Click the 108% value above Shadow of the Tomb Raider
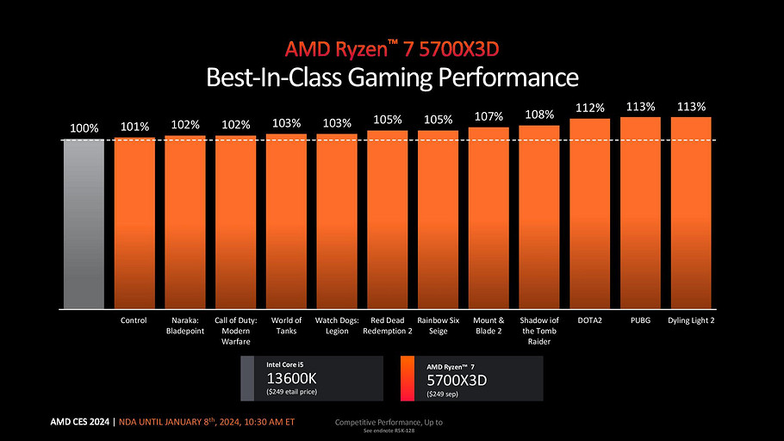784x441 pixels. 539,115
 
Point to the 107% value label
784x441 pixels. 488,116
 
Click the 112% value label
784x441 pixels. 590,108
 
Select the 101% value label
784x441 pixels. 134,126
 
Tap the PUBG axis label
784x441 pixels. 640,320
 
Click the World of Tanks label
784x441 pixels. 286,326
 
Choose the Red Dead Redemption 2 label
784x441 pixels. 388,326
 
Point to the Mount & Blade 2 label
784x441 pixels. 488,326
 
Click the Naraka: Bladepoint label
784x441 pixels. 185,326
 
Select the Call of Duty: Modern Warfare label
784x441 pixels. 235,331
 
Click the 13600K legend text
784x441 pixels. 292,379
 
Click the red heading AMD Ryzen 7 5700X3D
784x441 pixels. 392,48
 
